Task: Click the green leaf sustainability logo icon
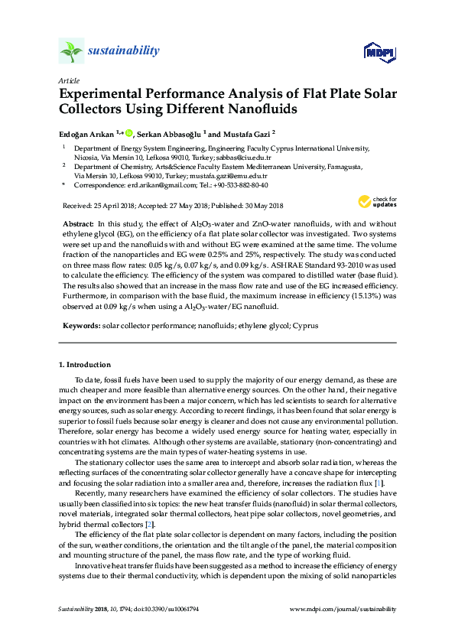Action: tap(71, 52)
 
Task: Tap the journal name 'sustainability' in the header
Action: tap(124, 51)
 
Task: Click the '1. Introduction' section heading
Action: tap(85, 365)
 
